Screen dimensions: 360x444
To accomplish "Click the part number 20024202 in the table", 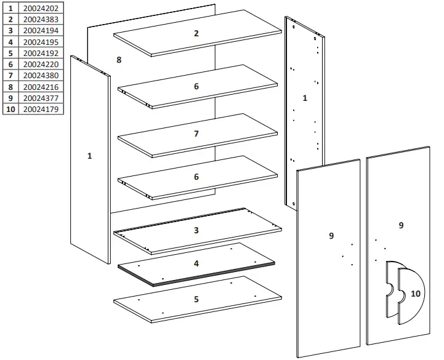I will pos(41,9).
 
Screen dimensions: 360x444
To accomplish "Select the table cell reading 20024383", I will pos(41,20).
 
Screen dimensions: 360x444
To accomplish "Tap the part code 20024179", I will pos(41,109).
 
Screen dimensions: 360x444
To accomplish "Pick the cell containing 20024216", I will pos(41,87).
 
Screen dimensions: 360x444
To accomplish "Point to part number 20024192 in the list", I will pos(41,54).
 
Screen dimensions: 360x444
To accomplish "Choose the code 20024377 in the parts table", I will pos(41,98).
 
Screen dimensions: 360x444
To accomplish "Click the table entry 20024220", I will pos(41,65).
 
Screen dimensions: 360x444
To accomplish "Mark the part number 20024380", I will pos(41,76).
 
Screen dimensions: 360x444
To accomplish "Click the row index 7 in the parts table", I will pos(10,76).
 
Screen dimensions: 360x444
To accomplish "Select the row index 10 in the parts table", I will pos(10,109).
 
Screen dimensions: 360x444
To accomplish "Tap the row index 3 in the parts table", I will pos(10,31).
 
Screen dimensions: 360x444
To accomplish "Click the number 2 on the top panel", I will pos(196,33).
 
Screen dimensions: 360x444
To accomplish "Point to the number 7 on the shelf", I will pos(196,134).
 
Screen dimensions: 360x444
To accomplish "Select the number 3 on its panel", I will pos(196,230).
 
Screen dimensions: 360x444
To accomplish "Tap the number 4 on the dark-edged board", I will pos(196,263).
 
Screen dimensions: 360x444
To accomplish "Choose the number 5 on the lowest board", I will pos(196,299).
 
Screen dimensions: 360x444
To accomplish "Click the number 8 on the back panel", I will pos(119,60).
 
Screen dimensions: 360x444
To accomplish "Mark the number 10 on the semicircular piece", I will pos(416,294).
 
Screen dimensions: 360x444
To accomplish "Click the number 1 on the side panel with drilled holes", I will pos(305,98).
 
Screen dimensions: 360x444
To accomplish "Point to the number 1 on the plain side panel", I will pos(89,156).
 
